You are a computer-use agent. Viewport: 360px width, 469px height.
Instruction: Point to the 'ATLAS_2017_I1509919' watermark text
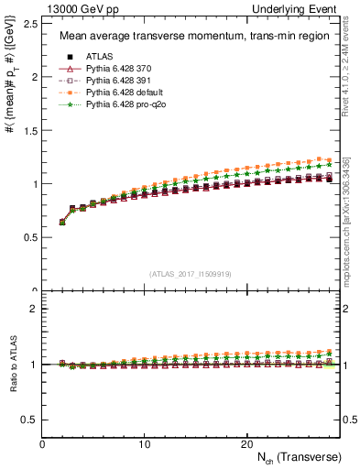point(191,274)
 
